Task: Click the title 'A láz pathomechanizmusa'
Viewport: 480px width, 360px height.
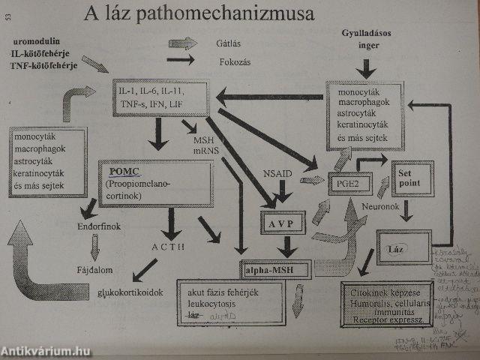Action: click(x=199, y=14)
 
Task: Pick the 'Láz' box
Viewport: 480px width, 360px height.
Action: click(x=397, y=247)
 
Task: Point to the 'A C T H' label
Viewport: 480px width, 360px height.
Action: click(x=169, y=247)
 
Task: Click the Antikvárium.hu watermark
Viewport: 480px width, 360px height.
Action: click(x=46, y=350)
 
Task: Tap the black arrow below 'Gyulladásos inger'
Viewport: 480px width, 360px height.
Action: click(x=366, y=70)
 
